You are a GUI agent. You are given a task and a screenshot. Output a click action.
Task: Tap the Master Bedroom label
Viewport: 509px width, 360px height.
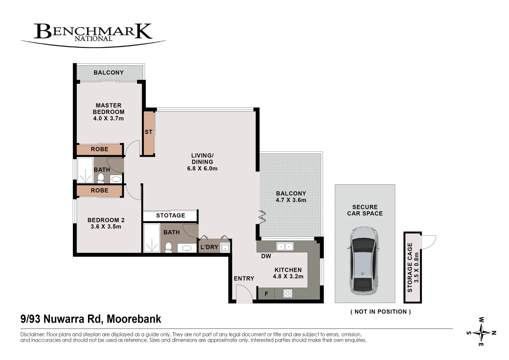[108, 109]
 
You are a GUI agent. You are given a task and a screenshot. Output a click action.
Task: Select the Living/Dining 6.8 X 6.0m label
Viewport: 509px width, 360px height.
[202, 162]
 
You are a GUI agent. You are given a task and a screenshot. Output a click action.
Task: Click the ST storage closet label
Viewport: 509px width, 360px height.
[148, 132]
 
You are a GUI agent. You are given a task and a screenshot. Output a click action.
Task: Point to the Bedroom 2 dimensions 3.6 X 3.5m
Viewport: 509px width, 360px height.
[106, 227]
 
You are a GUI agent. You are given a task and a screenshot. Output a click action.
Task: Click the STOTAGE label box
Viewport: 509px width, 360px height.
[170, 216]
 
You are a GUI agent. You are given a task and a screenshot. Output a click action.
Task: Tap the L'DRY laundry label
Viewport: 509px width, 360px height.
[209, 247]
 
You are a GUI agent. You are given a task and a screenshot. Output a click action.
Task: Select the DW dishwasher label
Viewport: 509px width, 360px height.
[266, 256]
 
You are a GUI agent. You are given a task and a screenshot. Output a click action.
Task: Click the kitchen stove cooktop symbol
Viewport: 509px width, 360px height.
[288, 293]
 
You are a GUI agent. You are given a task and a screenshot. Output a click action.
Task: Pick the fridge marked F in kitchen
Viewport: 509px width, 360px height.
[266, 294]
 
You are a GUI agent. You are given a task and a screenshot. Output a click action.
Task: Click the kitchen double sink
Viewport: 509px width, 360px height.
[285, 247]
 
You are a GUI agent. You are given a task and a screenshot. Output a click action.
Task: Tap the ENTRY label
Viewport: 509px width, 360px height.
[244, 279]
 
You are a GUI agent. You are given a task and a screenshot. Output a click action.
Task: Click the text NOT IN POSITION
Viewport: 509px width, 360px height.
[381, 312]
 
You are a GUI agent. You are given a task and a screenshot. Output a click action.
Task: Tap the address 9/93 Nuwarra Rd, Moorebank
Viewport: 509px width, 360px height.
[91, 319]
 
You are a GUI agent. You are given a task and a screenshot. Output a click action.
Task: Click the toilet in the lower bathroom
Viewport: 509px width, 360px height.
[168, 247]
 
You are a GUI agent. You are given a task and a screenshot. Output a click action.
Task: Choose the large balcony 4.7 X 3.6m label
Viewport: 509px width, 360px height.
[291, 197]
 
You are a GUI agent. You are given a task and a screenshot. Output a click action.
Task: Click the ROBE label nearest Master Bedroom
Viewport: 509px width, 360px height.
[99, 149]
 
